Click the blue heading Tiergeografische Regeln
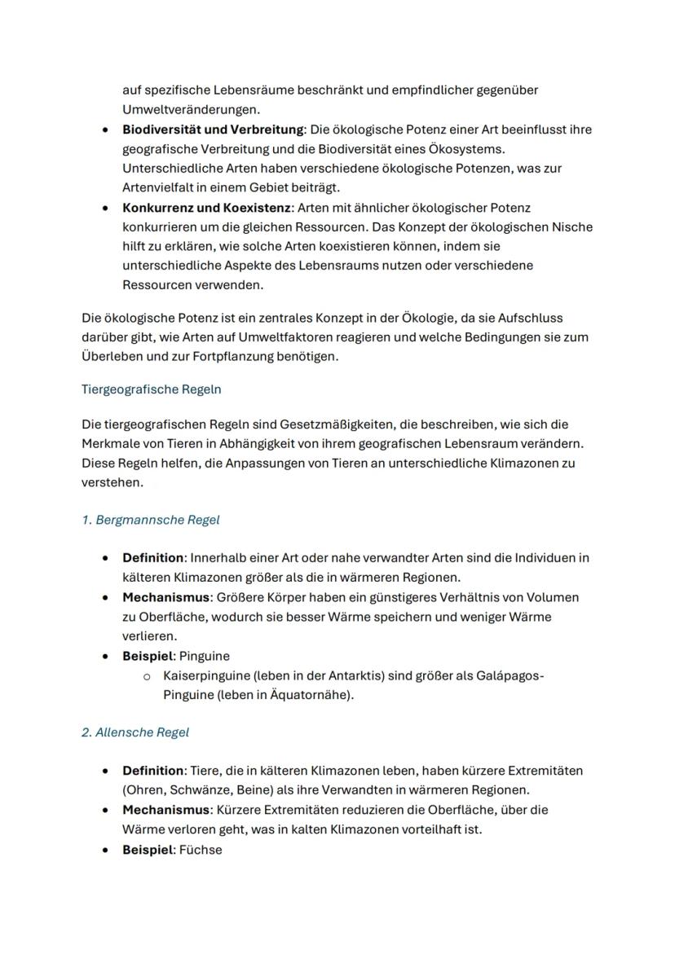click(151, 389)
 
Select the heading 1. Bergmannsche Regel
click(150, 520)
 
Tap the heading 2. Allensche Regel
click(135, 732)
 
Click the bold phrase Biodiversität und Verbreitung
click(212, 130)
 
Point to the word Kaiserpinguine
click(203, 676)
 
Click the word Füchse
click(201, 850)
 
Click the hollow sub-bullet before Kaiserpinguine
click(147, 676)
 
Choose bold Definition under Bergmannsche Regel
click(152, 558)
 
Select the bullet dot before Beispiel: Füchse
click(106, 850)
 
